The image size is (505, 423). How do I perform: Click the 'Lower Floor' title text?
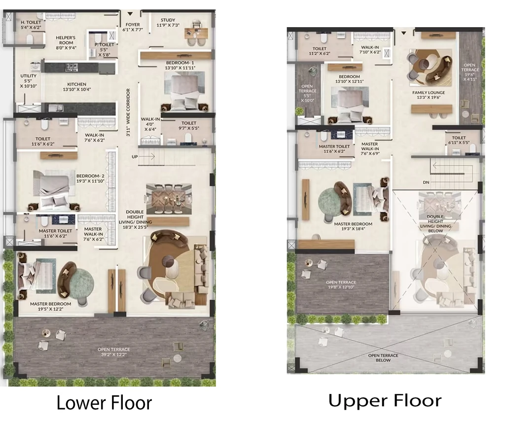click(104, 403)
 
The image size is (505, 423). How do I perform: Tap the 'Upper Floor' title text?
click(385, 400)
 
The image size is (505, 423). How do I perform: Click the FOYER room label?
click(133, 25)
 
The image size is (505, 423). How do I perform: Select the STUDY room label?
click(168, 20)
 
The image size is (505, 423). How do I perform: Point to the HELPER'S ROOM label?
click(66, 40)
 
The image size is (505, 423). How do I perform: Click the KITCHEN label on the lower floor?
click(76, 84)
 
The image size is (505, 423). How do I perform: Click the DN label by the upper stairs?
click(426, 182)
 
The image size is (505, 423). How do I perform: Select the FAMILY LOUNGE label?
click(429, 92)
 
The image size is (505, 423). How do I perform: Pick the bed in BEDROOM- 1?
click(184, 91)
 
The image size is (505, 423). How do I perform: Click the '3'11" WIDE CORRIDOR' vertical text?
click(128, 112)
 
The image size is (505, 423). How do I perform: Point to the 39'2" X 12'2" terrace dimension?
click(114, 354)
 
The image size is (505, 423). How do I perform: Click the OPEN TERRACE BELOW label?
click(383, 357)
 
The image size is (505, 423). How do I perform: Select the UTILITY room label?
click(28, 76)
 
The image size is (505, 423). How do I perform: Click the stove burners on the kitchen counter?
click(72, 67)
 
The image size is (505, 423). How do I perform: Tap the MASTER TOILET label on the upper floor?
click(334, 146)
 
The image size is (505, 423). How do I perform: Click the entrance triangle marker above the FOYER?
click(130, 14)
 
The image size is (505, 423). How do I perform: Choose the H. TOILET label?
click(31, 22)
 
